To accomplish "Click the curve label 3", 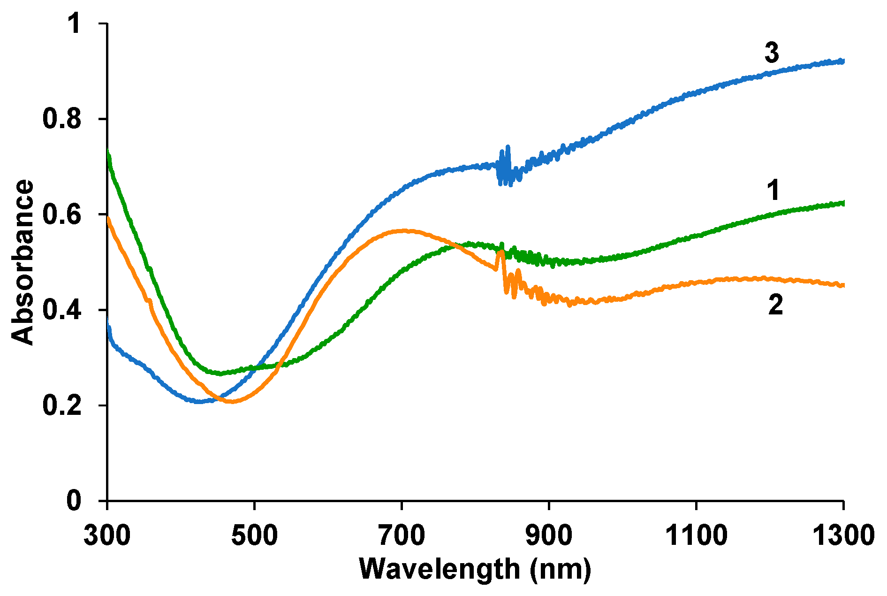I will (772, 53).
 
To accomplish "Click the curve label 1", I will (773, 191).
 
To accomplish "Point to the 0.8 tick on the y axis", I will (61, 119).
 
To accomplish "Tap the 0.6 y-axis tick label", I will (61, 214).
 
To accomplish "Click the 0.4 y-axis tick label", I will (61, 310).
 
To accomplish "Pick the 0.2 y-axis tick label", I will (61, 405).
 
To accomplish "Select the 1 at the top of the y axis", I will (74, 23).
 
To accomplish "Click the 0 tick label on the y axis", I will (74, 501).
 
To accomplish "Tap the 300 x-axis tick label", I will (107, 535).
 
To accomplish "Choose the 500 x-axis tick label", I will (254, 535).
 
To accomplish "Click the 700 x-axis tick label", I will (402, 535).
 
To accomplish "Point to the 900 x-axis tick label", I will (549, 535).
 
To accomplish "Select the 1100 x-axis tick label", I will (696, 535).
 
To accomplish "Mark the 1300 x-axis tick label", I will (843, 535).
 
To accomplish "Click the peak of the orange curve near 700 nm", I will (402, 230).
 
